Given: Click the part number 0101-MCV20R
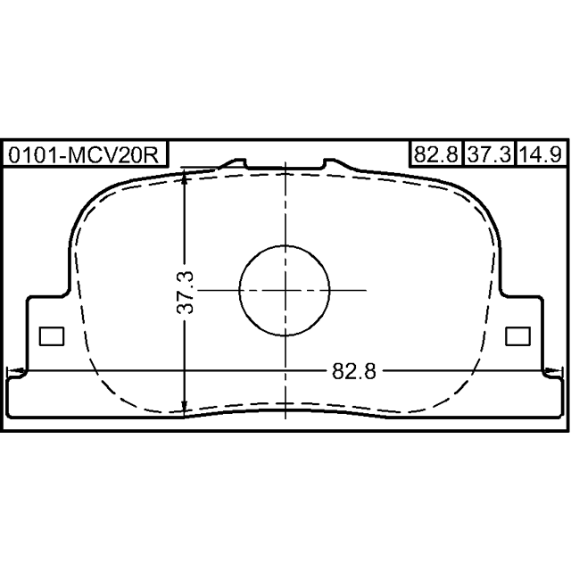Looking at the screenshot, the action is (84, 155).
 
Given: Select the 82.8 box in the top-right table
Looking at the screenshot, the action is (436, 154).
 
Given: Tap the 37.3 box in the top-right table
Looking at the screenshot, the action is (490, 154).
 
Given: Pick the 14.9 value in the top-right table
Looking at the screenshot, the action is (542, 154).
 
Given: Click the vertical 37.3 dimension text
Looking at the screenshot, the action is (185, 293).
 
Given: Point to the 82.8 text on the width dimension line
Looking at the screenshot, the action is (353, 372).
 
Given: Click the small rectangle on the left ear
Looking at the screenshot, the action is (52, 336).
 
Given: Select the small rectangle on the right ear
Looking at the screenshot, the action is (517, 336).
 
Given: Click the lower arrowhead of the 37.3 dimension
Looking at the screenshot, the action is (185, 409).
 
